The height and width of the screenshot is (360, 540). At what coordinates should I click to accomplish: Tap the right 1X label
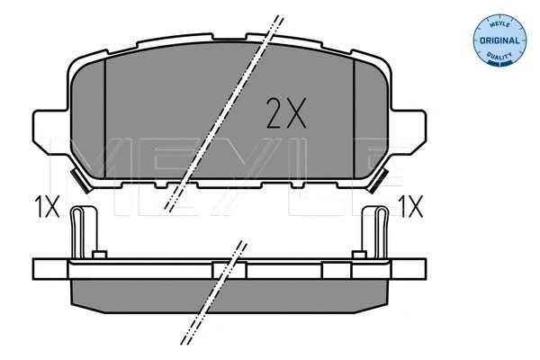[x=409, y=210]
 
